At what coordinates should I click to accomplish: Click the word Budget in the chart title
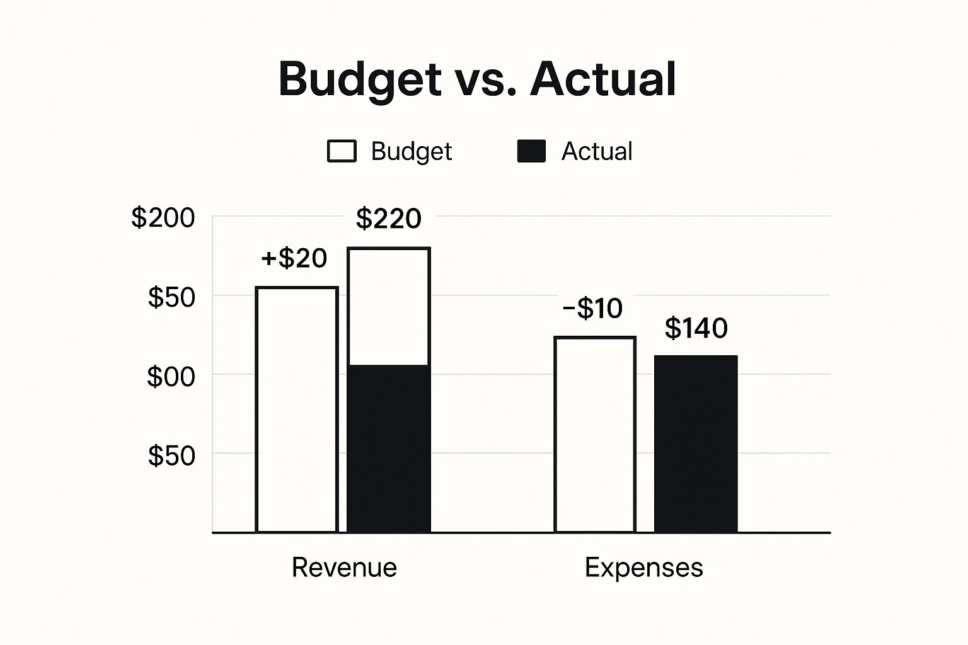tap(360, 79)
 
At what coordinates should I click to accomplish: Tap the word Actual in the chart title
tap(603, 79)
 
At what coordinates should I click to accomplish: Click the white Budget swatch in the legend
tap(342, 152)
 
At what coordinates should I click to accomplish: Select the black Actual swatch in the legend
tap(531, 152)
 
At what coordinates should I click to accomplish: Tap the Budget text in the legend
tap(411, 152)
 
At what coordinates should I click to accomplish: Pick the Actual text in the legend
tap(597, 152)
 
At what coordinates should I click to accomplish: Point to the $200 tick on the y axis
tap(163, 218)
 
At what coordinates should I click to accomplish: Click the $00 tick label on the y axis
tap(171, 377)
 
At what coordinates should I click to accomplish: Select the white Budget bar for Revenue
tap(297, 409)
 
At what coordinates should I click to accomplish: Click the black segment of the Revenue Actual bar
tap(389, 448)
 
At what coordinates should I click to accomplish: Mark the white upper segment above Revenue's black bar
tap(389, 307)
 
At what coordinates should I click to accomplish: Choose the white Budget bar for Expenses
tap(595, 435)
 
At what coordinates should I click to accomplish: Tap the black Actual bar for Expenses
tap(696, 444)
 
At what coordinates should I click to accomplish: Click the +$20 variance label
tap(294, 258)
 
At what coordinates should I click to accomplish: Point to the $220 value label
tap(388, 219)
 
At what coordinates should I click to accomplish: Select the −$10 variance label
tap(592, 309)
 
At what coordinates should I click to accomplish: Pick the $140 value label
tap(696, 328)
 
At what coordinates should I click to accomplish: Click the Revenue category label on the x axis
tap(344, 568)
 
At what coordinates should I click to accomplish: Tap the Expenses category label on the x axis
tap(643, 568)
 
